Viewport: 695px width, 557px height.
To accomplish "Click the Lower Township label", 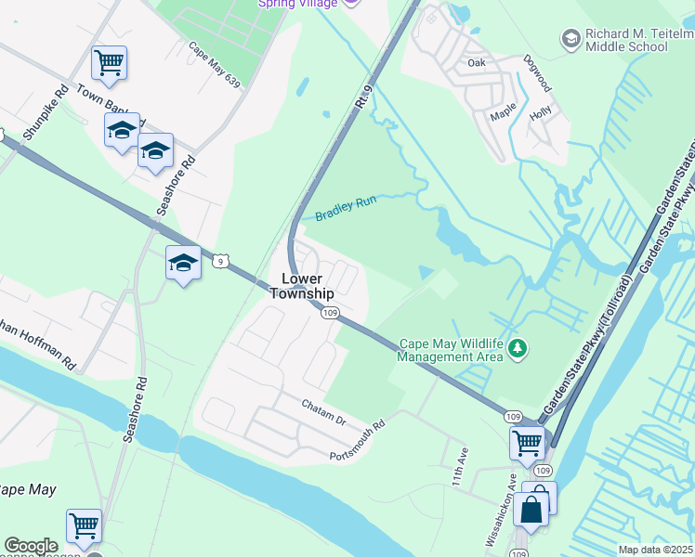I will coord(301,286).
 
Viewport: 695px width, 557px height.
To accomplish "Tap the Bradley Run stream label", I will coord(345,209).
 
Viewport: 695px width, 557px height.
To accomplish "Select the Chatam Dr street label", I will coord(324,413).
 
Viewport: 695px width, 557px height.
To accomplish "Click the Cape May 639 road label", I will coord(214,65).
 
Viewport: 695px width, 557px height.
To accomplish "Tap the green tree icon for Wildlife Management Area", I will coord(517,350).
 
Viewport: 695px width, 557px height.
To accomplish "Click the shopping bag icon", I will coord(533,509).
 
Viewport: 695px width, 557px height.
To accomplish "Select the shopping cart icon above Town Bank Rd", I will coord(109,63).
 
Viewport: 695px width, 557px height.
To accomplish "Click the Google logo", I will coord(31,546).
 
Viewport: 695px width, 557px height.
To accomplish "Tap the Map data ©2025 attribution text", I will coord(656,550).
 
